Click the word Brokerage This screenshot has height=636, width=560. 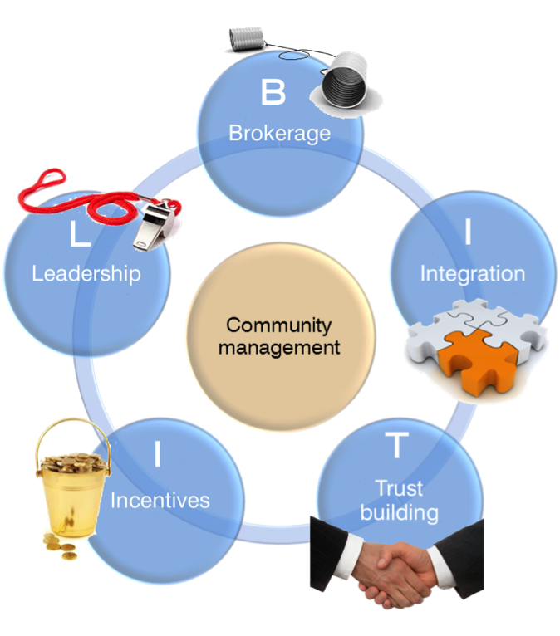point(279,133)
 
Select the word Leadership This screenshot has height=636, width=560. point(86,273)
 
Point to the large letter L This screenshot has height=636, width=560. point(80,235)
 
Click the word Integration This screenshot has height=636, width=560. point(472,273)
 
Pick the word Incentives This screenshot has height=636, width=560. point(160,500)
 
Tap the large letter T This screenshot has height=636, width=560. point(398,447)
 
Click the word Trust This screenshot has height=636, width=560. point(399,487)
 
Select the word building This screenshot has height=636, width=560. point(399,512)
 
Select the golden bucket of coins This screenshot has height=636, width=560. point(70,482)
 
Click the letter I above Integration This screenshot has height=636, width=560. point(469,232)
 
